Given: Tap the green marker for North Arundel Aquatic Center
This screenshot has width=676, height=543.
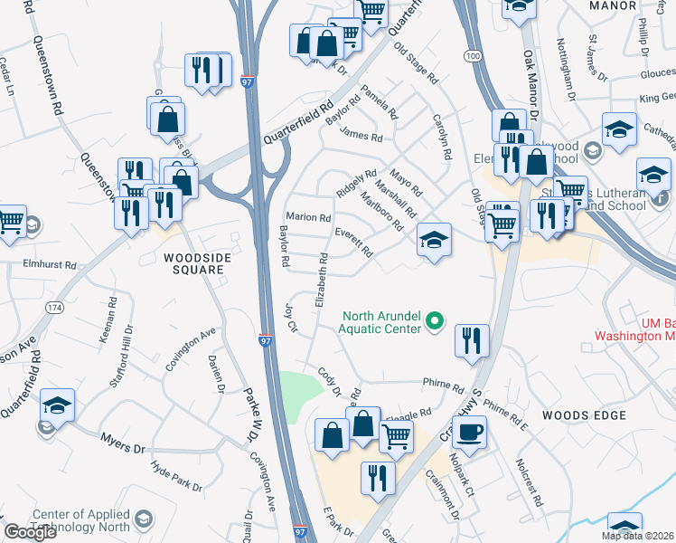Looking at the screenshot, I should pyautogui.click(x=435, y=320).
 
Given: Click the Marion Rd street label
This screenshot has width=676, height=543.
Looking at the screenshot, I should pyautogui.click(x=308, y=217).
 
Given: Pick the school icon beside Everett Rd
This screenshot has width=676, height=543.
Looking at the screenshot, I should pyautogui.click(x=434, y=241).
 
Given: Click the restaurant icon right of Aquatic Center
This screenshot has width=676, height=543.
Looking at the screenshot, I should pyautogui.click(x=472, y=341).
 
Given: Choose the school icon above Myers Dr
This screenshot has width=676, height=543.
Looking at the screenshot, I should pyautogui.click(x=57, y=408).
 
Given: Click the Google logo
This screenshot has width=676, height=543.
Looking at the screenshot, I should pyautogui.click(x=30, y=532).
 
